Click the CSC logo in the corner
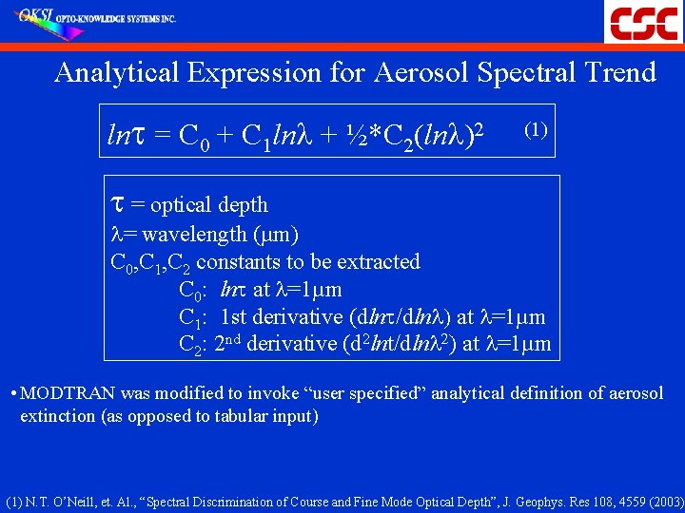(643, 22)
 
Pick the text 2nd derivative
(276, 343)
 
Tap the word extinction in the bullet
(56, 416)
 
